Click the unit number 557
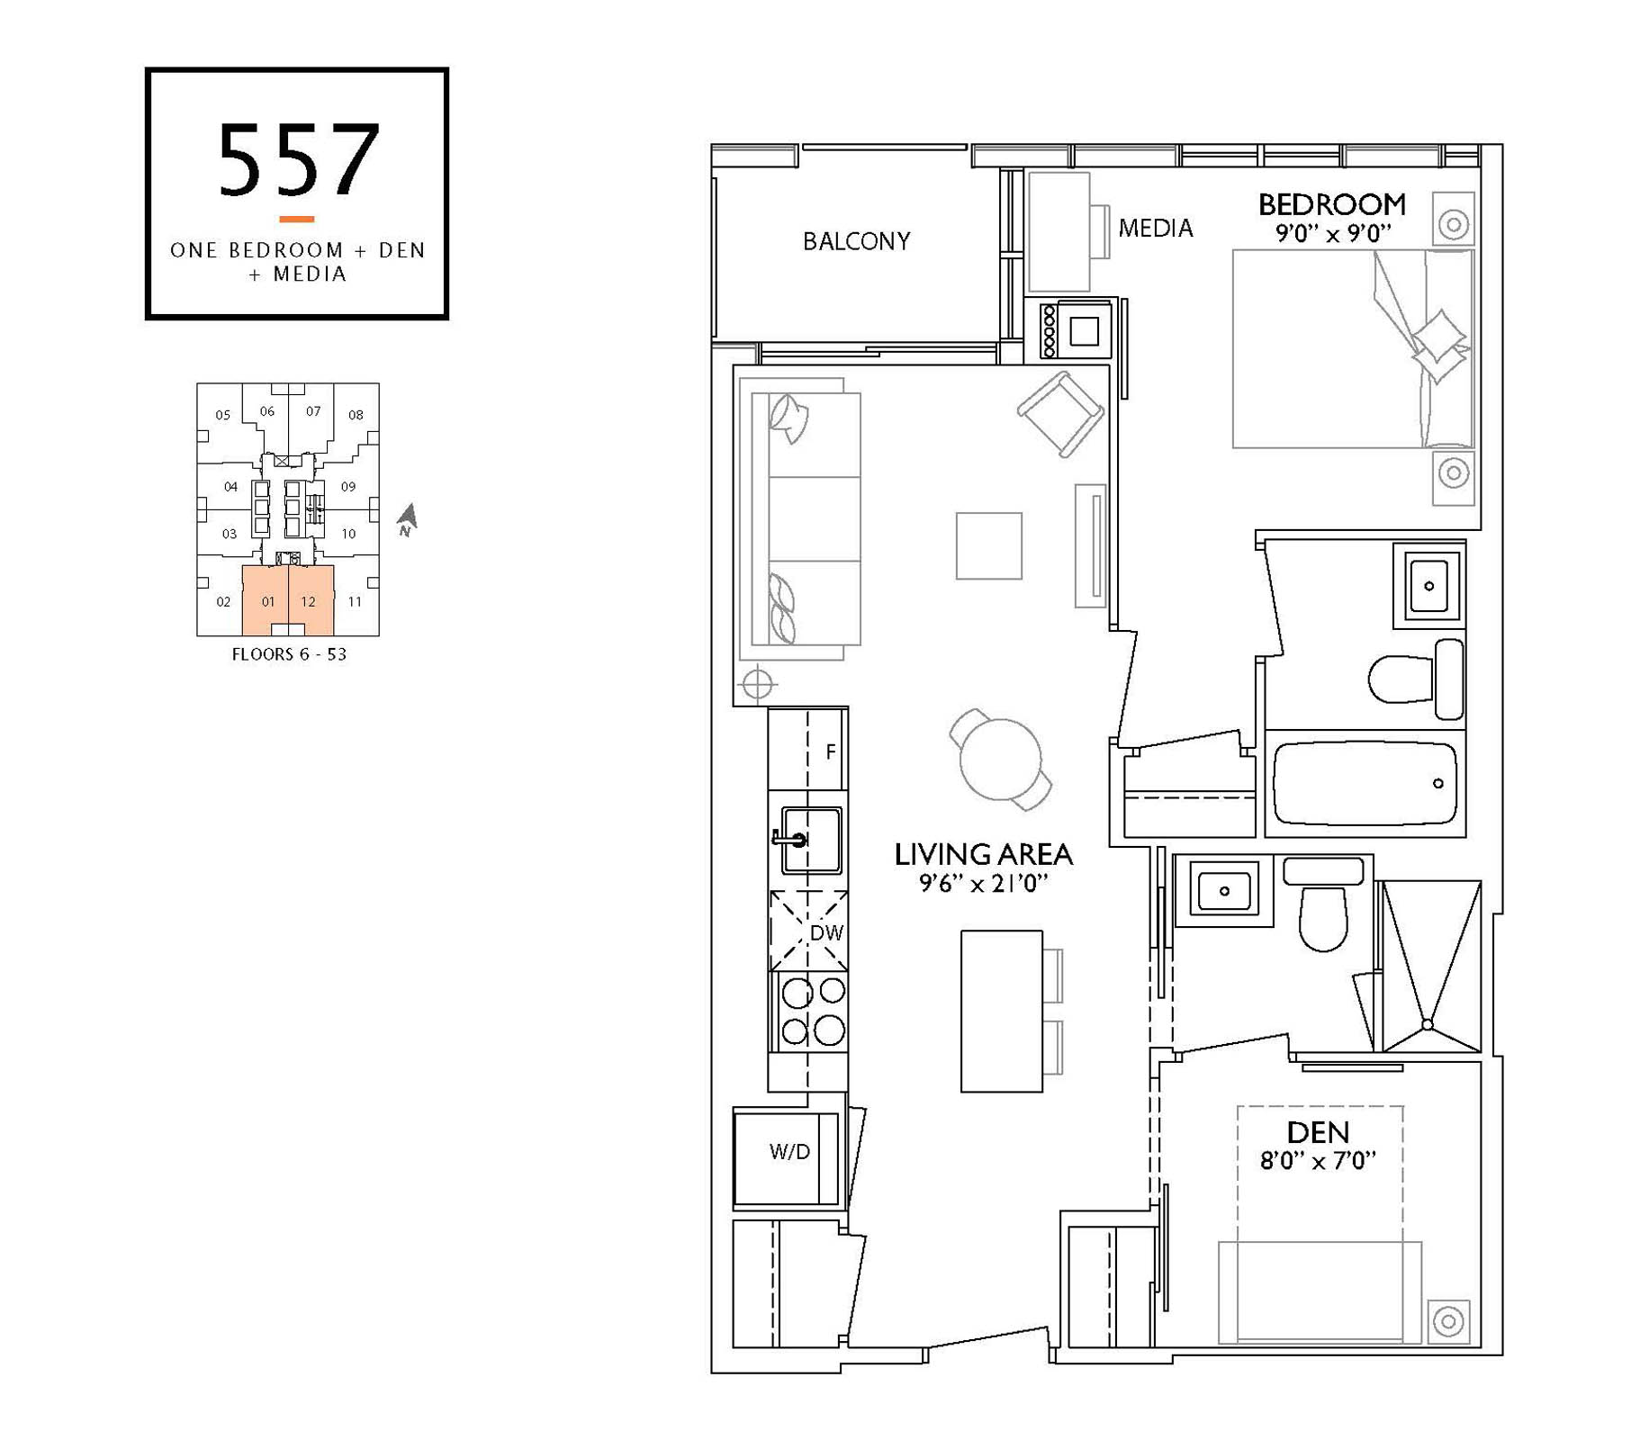(x=298, y=160)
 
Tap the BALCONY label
(x=856, y=241)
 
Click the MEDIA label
(x=1156, y=229)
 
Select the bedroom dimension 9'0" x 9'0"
(x=1333, y=234)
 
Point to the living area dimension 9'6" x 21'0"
(x=983, y=883)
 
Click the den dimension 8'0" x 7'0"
(x=1319, y=1161)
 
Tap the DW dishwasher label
(x=826, y=933)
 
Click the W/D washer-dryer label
(x=789, y=1152)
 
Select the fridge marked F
(x=808, y=750)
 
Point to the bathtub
(x=1364, y=783)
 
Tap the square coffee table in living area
(x=988, y=545)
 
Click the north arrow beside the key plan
(x=408, y=517)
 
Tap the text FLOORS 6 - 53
(x=289, y=654)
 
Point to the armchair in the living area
(x=1061, y=415)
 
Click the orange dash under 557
(x=296, y=219)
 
